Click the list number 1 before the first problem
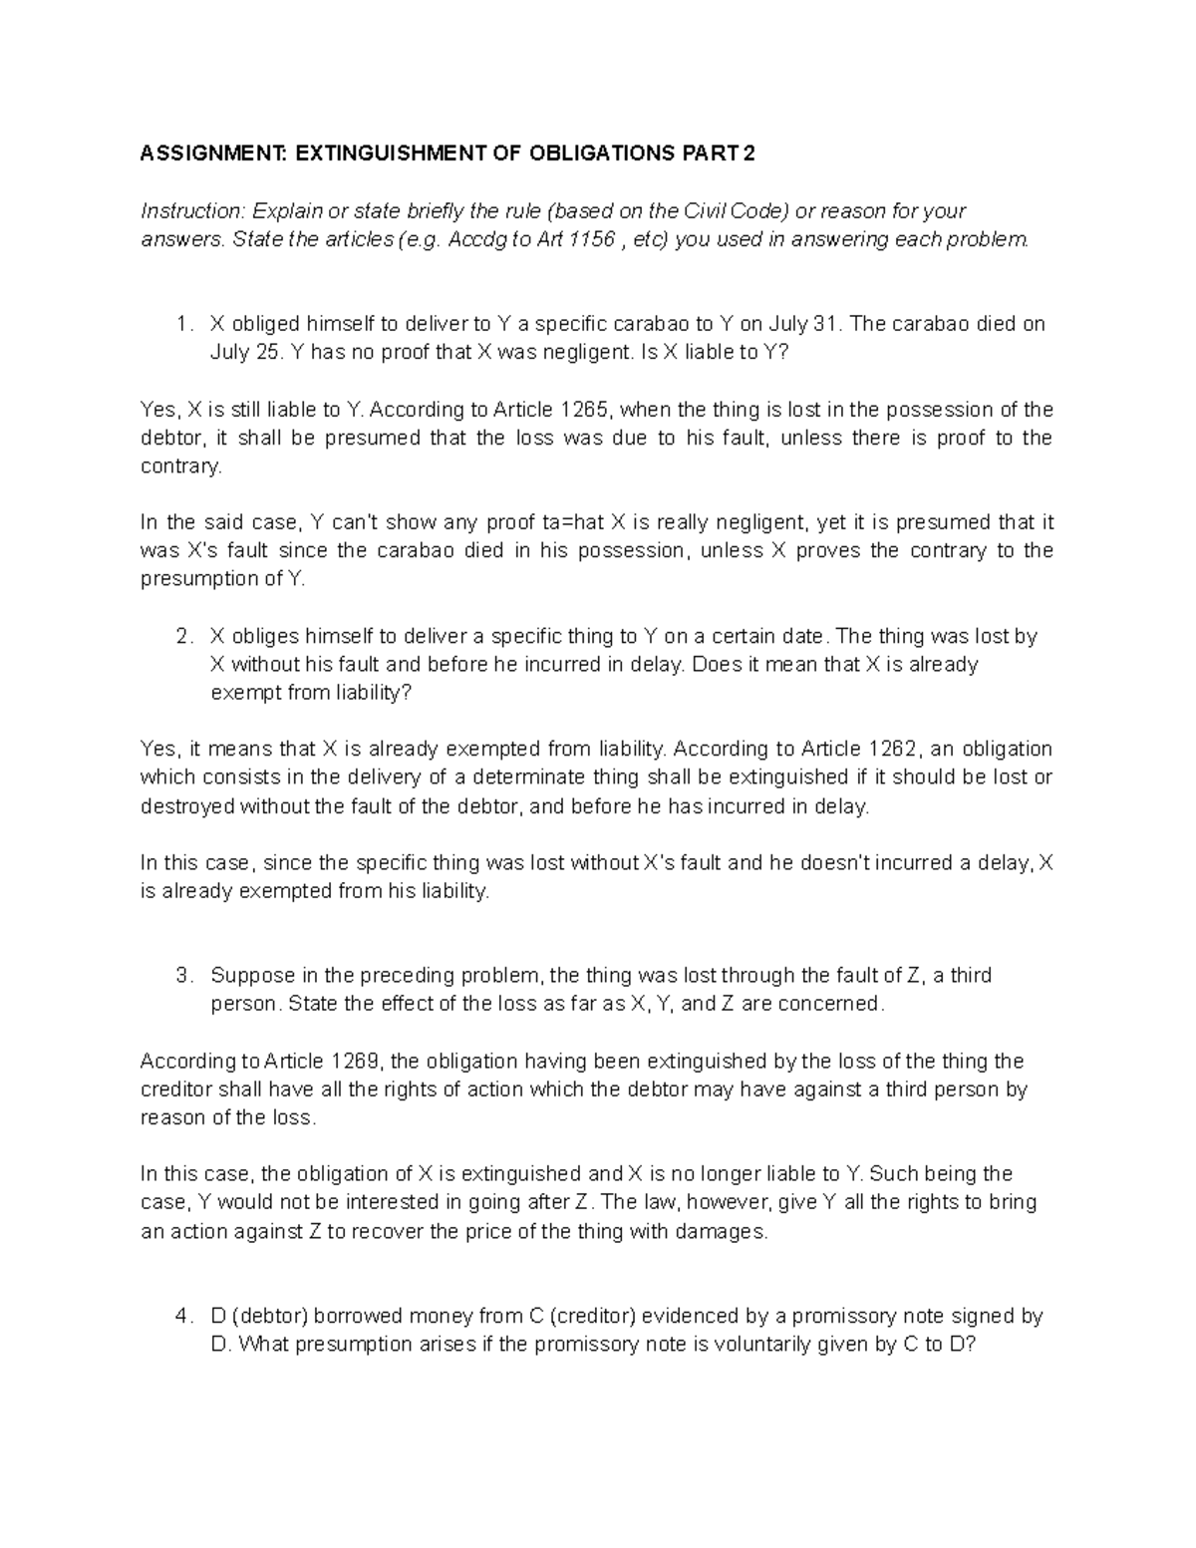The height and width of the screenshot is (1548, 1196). [x=180, y=324]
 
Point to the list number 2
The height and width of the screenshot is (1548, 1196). [x=180, y=636]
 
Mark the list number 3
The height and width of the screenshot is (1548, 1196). [x=180, y=976]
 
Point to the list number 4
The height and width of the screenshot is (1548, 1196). [x=180, y=1317]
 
